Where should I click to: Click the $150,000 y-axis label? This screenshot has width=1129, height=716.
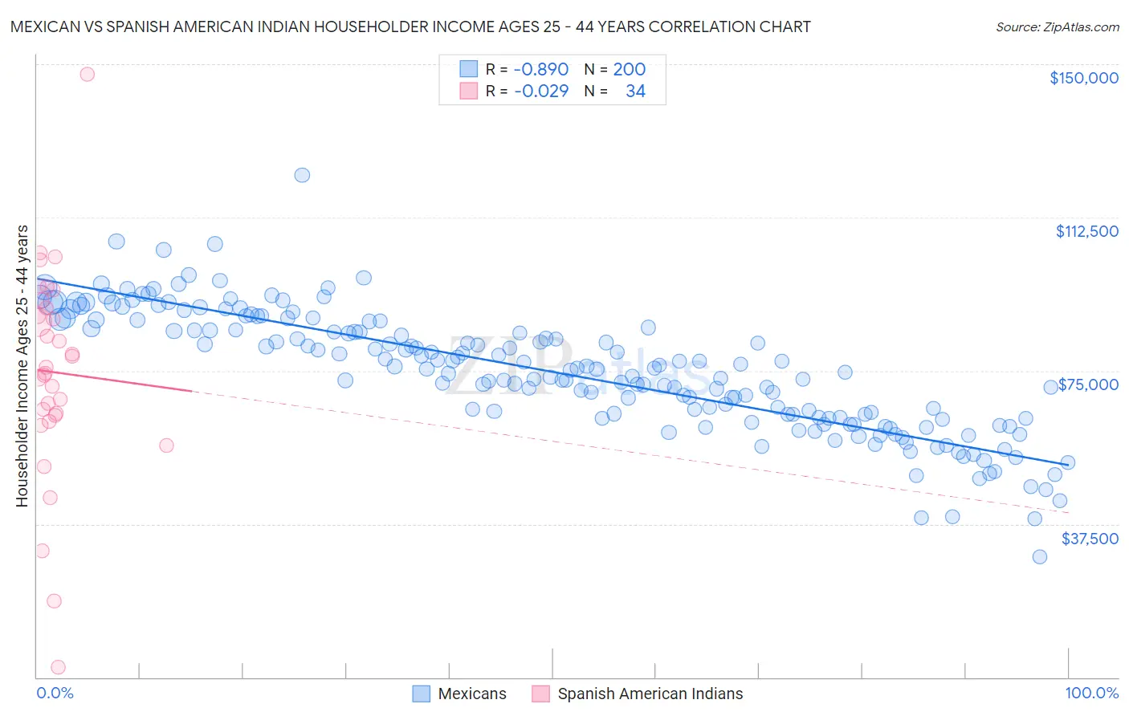pyautogui.click(x=1083, y=78)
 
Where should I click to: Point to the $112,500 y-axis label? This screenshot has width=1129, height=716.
pyautogui.click(x=1086, y=231)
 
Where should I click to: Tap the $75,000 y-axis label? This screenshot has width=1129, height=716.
pyautogui.click(x=1088, y=384)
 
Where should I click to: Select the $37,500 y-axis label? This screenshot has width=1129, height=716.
pyautogui.click(x=1090, y=539)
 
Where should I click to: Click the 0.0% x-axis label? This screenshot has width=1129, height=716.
pyautogui.click(x=55, y=693)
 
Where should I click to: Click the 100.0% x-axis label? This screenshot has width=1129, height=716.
pyautogui.click(x=1091, y=693)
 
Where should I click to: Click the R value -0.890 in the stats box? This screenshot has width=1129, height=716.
pyautogui.click(x=540, y=69)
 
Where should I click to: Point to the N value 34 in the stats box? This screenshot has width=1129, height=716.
pyautogui.click(x=635, y=91)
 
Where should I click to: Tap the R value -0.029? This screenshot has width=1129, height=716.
pyautogui.click(x=540, y=91)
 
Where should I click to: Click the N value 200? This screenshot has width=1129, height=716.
pyautogui.click(x=629, y=69)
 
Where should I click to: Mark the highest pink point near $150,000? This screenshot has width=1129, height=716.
pyautogui.click(x=87, y=74)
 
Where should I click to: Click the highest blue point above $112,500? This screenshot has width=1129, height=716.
pyautogui.click(x=302, y=175)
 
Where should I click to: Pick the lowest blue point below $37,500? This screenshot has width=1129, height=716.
pyautogui.click(x=1039, y=556)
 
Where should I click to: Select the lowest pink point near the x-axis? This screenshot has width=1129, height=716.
pyautogui.click(x=58, y=667)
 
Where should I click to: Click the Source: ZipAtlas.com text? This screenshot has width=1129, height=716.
pyautogui.click(x=1057, y=26)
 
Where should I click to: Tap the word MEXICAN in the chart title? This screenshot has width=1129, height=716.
pyautogui.click(x=45, y=26)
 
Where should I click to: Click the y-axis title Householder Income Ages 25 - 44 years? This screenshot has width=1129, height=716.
pyautogui.click(x=22, y=366)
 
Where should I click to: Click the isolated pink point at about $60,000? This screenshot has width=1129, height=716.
pyautogui.click(x=166, y=445)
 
